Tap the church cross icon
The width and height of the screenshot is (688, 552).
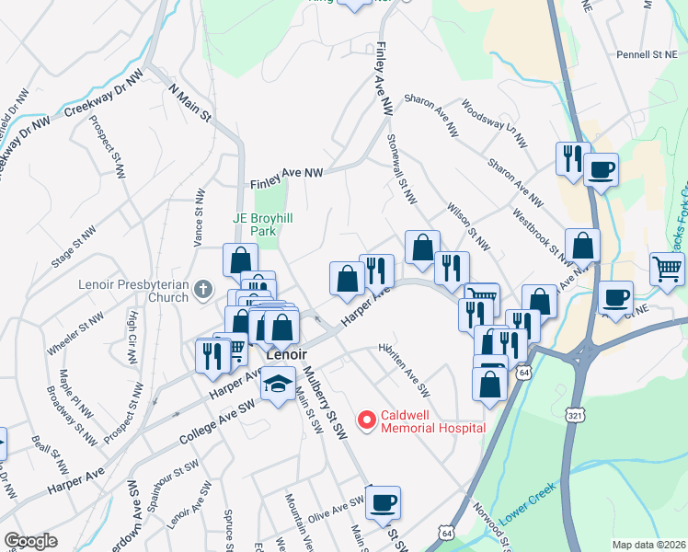point(205,291)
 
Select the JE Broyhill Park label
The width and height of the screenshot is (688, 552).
point(266,225)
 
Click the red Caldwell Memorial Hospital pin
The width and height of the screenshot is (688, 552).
point(367,420)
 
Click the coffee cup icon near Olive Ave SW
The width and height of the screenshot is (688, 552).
point(383,502)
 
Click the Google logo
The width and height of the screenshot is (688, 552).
point(30,540)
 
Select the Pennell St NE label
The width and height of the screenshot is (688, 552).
point(647,55)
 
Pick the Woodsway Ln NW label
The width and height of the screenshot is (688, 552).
point(495,123)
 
